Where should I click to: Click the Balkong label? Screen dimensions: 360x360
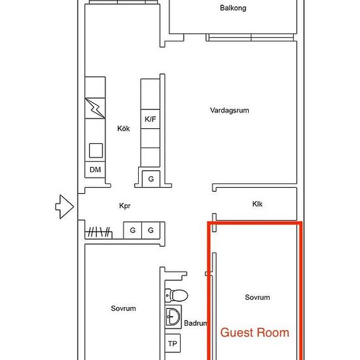coord(233,8)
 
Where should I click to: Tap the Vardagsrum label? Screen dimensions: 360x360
coord(229,110)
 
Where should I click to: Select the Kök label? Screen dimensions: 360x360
coord(124,128)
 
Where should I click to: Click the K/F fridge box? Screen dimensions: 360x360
coord(151,119)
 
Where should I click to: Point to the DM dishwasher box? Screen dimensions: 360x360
coord(95,170)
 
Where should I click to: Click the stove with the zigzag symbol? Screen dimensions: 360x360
coord(95,109)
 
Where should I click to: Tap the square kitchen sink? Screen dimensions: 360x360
coord(96,151)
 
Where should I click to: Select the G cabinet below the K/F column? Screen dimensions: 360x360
coord(151,179)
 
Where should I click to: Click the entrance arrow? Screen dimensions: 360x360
coord(65,207)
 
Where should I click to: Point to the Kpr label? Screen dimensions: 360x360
coord(125,206)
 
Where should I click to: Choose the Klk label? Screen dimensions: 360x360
coord(257,204)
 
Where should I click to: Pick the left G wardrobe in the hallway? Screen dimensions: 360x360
coord(133,230)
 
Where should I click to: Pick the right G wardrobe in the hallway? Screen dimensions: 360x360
coord(151,230)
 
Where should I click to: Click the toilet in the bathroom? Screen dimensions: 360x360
coord(176,295)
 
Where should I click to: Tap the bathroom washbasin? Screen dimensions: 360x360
coord(173,317)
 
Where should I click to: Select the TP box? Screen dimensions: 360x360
coord(172,344)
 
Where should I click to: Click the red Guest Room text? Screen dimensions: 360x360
coord(255,333)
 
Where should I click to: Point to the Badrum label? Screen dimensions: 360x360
coord(196,323)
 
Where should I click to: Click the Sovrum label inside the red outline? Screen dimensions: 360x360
coord(257,297)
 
